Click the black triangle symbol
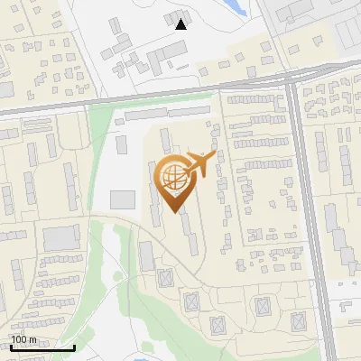(181, 24)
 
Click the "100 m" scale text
(23, 339)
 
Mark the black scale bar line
(42, 347)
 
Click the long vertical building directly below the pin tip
(192, 236)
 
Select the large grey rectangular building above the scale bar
(61, 238)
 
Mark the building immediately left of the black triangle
(171, 18)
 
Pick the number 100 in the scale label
(19, 339)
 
